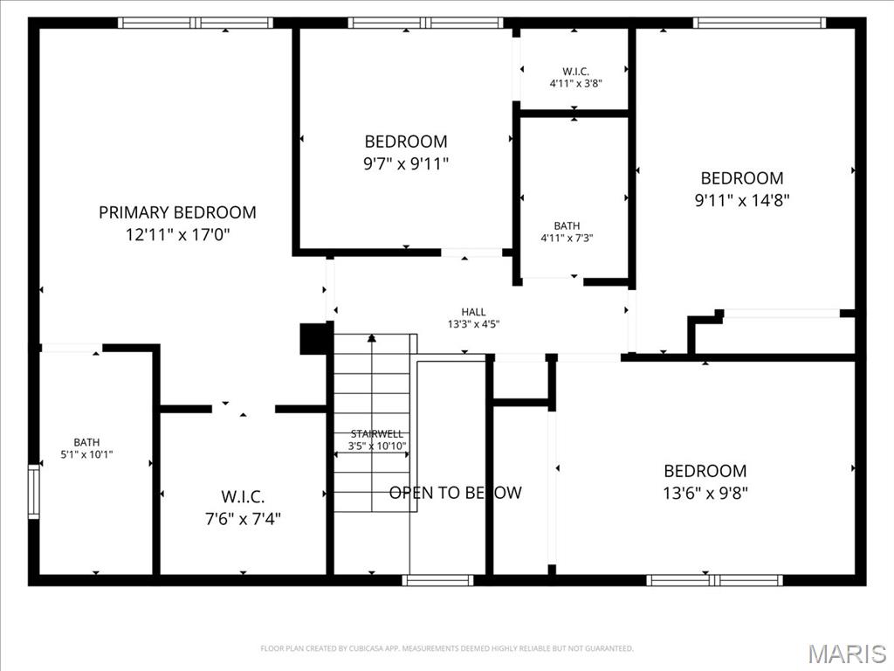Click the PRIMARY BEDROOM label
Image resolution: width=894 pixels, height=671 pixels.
click(177, 212)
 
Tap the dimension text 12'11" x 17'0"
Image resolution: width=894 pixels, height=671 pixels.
click(177, 235)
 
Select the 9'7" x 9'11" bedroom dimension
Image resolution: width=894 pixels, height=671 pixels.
click(406, 163)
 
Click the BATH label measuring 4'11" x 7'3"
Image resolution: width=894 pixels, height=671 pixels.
click(567, 226)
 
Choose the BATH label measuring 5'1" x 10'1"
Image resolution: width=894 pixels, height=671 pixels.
click(86, 442)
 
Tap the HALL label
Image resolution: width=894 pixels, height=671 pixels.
click(473, 312)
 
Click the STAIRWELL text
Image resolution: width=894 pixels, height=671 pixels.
click(377, 434)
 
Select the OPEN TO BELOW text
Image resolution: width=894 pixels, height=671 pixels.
click(455, 493)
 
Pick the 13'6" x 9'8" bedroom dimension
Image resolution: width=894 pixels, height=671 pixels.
click(705, 493)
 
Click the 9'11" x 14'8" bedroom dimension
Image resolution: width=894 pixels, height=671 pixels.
click(741, 200)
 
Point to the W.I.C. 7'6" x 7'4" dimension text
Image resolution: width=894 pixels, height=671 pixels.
click(243, 519)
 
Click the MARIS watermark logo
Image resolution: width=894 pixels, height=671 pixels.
click(846, 653)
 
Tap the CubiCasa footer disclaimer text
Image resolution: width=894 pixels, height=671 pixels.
click(446, 648)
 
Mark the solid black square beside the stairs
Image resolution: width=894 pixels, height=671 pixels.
click(313, 339)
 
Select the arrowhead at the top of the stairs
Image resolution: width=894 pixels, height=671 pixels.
click(372, 337)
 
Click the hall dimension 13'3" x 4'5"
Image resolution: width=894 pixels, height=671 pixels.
click(473, 324)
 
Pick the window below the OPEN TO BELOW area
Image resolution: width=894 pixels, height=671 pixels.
click(438, 579)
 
